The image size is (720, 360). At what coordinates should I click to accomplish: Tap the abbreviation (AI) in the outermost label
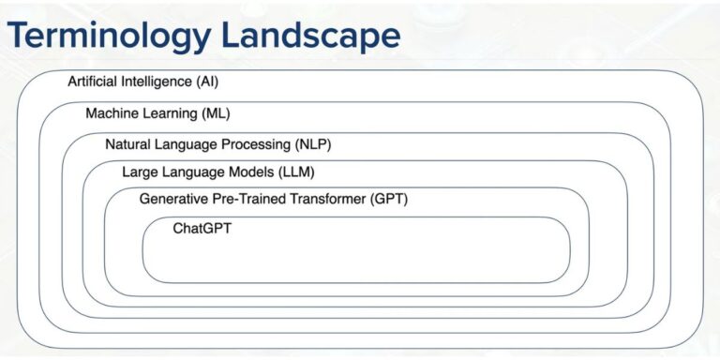click(x=208, y=82)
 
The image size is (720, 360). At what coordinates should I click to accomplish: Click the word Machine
click(x=111, y=113)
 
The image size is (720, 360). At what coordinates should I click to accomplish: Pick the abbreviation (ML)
click(x=215, y=113)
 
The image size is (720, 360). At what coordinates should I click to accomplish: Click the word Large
click(x=140, y=172)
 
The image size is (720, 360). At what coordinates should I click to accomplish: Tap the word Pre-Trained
click(x=246, y=199)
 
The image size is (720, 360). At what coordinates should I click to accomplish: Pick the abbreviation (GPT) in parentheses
click(x=389, y=199)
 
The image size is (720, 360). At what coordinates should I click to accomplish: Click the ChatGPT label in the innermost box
click(x=202, y=228)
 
